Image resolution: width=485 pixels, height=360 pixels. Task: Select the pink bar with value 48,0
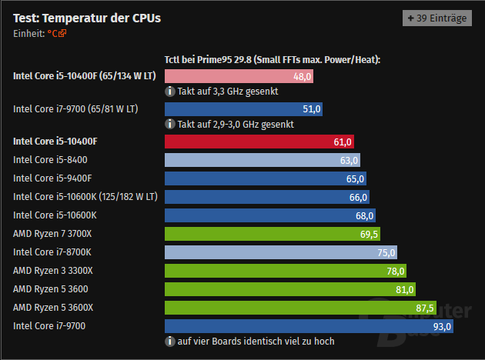click(239, 76)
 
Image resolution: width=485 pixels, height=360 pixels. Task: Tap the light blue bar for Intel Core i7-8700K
click(281, 252)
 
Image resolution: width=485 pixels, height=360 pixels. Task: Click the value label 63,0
click(349, 160)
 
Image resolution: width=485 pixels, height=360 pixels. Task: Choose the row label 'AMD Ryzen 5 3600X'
click(53, 308)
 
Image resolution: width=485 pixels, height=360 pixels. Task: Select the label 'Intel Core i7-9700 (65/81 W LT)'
click(75, 109)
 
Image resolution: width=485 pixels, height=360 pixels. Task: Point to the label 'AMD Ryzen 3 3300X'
click(53, 271)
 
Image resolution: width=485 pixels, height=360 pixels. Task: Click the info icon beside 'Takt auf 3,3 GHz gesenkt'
click(170, 91)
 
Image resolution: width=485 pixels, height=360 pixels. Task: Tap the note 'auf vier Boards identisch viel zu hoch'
click(256, 341)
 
